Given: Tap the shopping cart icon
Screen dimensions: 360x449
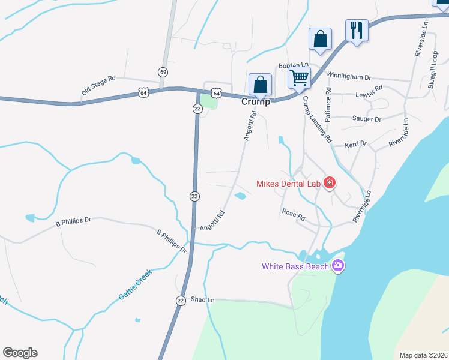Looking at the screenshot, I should [299, 77].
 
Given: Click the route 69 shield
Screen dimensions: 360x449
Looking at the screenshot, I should [163, 72].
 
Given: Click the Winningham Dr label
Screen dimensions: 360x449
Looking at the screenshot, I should [349, 77].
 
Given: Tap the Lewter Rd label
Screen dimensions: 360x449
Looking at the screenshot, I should [369, 92].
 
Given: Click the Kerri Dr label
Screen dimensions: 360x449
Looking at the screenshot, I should [355, 145].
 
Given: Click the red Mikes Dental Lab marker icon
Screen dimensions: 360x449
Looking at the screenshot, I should [329, 182].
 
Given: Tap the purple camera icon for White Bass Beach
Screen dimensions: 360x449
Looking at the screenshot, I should [337, 266].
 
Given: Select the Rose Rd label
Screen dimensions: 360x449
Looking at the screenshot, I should [294, 213].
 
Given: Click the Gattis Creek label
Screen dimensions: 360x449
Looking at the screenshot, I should [135, 285].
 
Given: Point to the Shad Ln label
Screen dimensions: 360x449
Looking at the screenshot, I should [202, 299].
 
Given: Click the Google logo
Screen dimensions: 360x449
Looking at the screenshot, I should [20, 353].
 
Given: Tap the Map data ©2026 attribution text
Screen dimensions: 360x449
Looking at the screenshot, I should [423, 355].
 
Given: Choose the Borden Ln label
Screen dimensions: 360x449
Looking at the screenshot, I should [293, 65].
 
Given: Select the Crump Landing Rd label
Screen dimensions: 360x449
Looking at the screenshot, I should [316, 119].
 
